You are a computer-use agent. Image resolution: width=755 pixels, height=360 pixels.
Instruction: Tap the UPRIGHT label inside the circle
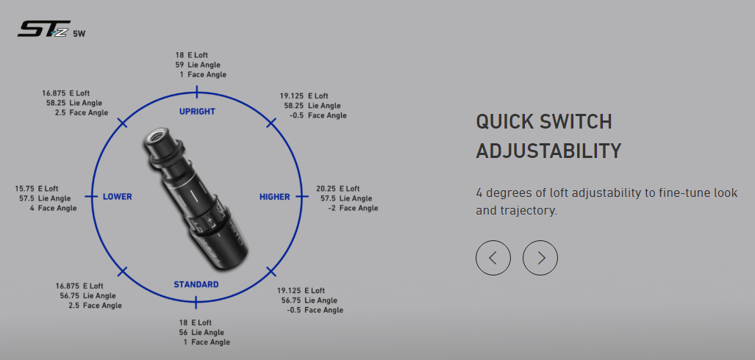click(x=197, y=112)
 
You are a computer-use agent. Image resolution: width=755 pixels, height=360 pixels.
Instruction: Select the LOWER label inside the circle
click(x=117, y=197)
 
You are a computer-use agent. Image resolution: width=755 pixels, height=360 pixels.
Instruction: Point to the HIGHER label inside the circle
click(x=274, y=197)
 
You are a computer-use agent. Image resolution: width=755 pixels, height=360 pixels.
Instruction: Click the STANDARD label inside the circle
click(x=196, y=284)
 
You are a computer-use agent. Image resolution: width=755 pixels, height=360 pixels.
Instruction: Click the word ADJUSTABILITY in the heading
click(x=548, y=151)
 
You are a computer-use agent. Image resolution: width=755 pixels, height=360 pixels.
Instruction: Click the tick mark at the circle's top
click(x=196, y=91)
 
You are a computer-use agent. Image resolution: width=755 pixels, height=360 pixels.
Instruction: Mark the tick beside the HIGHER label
click(x=302, y=196)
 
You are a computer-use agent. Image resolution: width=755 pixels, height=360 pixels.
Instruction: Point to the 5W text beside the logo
click(x=79, y=34)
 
